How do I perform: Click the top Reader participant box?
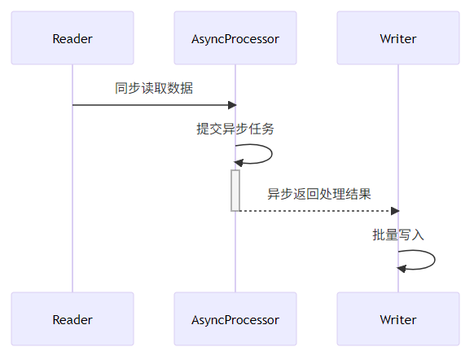72,38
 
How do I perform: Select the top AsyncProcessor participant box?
235,38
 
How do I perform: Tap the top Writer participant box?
398,38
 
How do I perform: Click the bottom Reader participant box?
72,319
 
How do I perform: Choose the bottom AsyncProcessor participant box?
235,319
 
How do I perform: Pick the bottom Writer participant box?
398,319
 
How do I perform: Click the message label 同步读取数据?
154,88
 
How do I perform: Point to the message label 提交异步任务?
235,129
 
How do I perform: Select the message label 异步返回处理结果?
319,194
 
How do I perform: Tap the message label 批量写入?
398,235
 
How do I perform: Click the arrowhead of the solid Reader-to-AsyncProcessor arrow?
232,105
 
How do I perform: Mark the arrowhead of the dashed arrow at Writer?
395,211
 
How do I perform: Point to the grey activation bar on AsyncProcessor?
235,190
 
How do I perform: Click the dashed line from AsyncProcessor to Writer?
318,211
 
